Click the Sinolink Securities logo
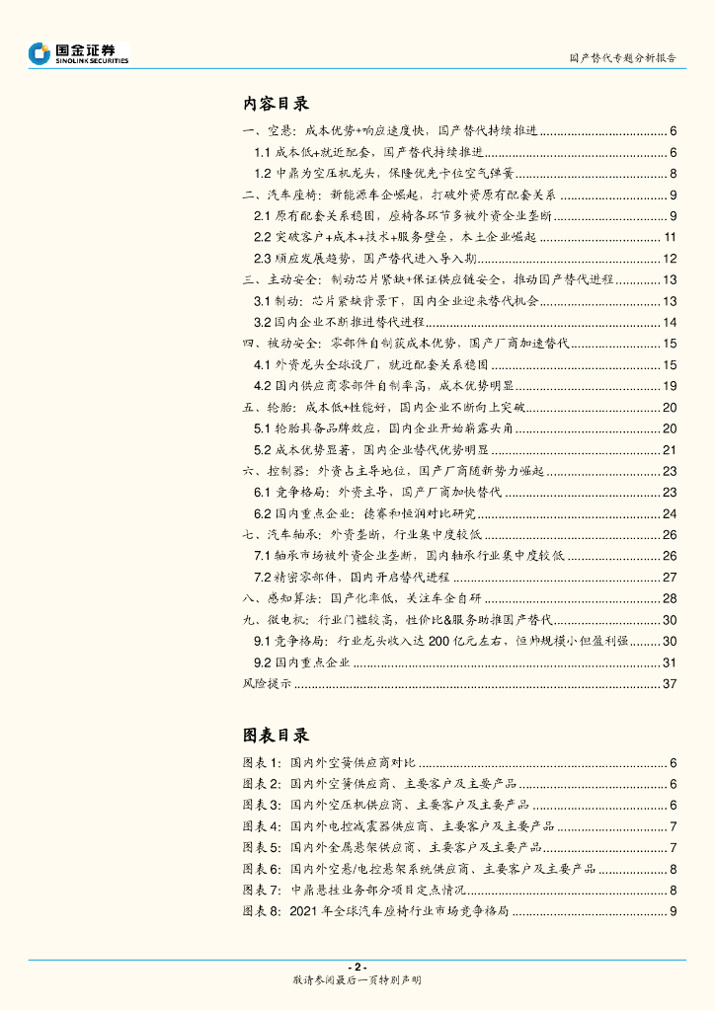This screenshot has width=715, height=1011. [x=79, y=53]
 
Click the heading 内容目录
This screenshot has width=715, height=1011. [x=277, y=103]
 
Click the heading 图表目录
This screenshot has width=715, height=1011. [x=277, y=736]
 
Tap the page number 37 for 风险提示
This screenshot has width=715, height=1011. [x=669, y=682]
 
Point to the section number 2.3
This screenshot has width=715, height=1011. [x=262, y=258]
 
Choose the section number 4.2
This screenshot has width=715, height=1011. [x=262, y=385]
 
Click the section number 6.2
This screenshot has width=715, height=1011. [x=262, y=513]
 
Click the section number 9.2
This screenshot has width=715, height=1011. [x=262, y=661]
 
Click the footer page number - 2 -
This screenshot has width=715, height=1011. [x=357, y=967]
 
